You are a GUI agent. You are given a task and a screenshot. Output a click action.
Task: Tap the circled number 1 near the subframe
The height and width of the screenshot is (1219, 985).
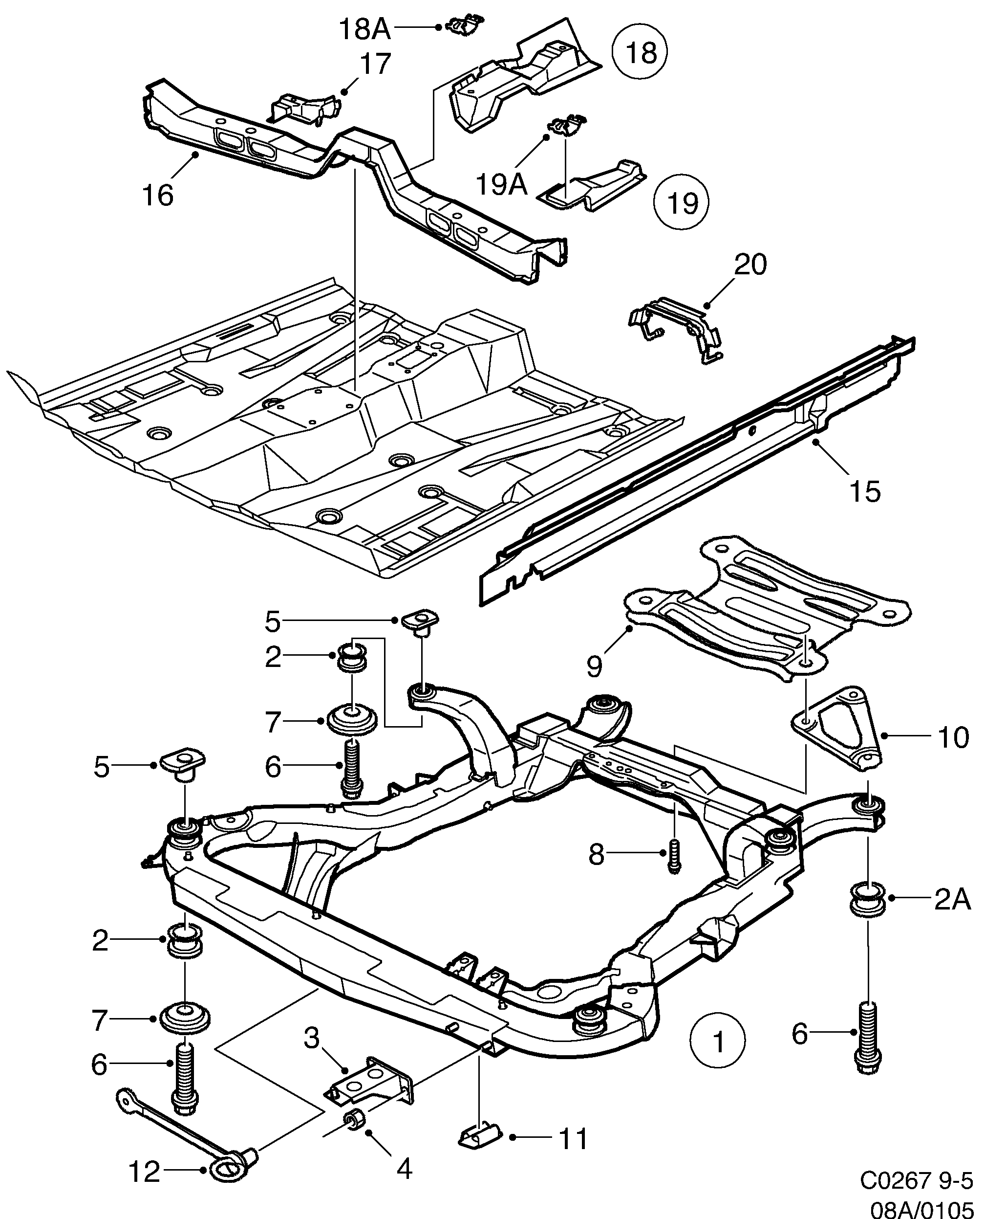tap(718, 1042)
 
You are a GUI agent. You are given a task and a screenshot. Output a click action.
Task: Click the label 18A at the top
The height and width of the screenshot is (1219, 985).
tap(365, 28)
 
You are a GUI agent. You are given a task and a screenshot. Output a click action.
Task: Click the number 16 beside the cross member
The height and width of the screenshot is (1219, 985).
tap(157, 196)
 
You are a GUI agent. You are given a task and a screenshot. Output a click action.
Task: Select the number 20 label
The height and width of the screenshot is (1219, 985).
tap(750, 265)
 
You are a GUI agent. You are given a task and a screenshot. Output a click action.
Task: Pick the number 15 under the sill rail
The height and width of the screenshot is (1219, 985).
tap(865, 491)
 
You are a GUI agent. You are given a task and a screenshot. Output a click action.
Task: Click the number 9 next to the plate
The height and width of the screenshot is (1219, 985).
tap(594, 665)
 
